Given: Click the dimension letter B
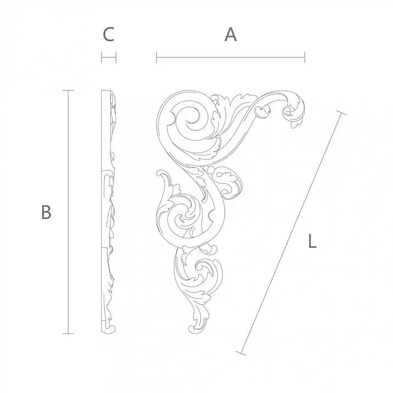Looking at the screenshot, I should point(46,212).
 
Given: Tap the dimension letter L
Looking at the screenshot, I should point(312,242).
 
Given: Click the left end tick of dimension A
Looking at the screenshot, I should point(157,56).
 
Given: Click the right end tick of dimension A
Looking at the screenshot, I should point(305,56).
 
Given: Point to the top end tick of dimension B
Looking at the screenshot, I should point(68,91).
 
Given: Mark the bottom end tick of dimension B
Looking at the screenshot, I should point(68,333).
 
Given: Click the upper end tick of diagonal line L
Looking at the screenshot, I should point(341,114).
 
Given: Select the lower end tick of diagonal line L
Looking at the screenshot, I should point(242,352).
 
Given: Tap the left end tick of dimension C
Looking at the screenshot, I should point(102,56).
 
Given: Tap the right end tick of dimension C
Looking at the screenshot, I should point(116,56).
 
